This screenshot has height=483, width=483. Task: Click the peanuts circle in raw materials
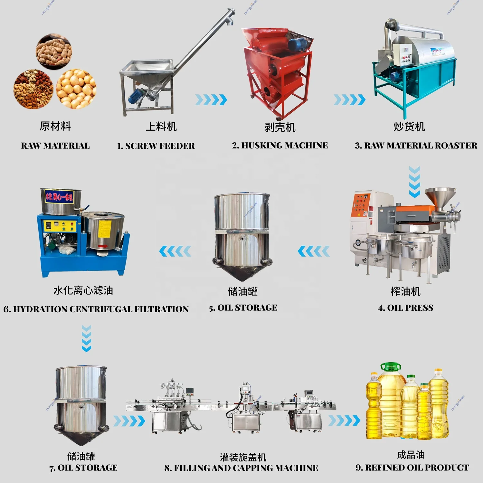click(54, 52)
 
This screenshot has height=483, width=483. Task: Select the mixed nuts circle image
click(33, 89)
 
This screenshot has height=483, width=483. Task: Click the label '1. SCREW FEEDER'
click(156, 146)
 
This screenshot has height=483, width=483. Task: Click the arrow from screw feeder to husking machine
click(211, 100)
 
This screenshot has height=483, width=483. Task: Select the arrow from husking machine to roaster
click(349, 100)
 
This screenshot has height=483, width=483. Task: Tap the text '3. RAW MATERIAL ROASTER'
click(416, 146)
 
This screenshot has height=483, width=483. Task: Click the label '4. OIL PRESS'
click(405, 308)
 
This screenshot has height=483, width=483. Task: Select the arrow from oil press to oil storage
click(314, 251)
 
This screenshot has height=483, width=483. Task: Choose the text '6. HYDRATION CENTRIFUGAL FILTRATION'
click(96, 309)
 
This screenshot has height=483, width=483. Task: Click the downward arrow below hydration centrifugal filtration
click(86, 338)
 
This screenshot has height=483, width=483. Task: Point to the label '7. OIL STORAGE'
click(83, 468)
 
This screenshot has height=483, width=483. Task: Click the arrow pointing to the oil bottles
click(344, 421)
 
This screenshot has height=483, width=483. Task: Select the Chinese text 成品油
click(411, 455)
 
